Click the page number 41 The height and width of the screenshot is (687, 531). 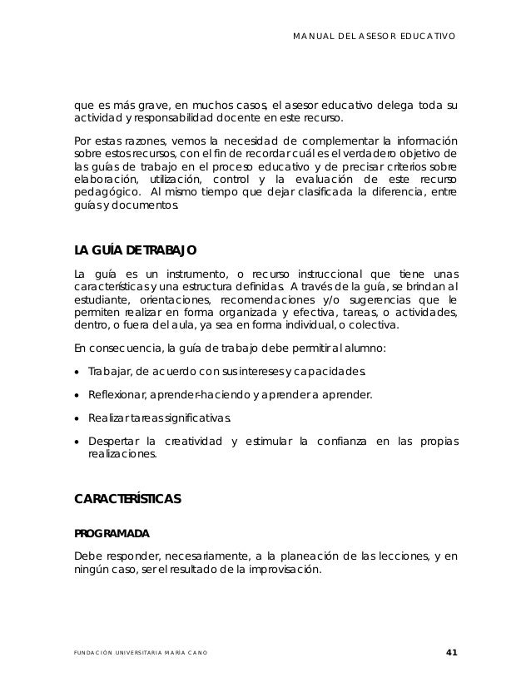click(x=451, y=651)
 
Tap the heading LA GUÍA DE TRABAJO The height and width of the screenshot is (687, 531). click(x=136, y=251)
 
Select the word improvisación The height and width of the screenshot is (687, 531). click(x=281, y=571)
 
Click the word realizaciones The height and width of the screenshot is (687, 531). click(x=122, y=456)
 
